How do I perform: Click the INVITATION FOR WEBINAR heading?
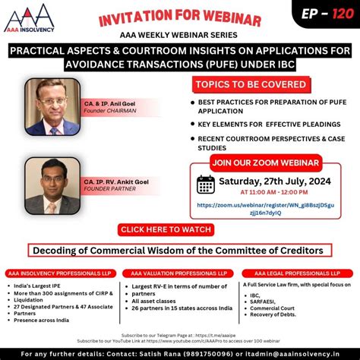pos(180,17)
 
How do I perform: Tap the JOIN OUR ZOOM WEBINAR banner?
pos(264,162)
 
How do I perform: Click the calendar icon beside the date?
pos(205,185)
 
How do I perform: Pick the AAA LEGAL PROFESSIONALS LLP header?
pos(299,273)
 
